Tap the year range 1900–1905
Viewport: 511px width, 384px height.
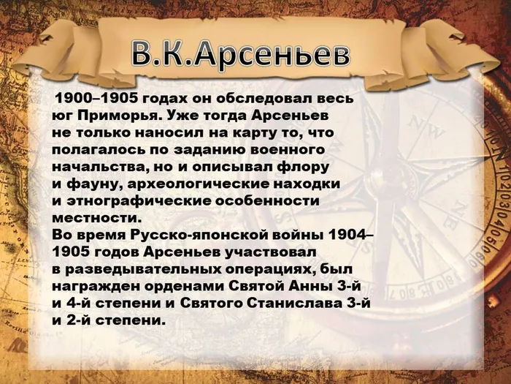click(x=96, y=99)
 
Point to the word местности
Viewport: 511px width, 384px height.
click(x=94, y=217)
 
